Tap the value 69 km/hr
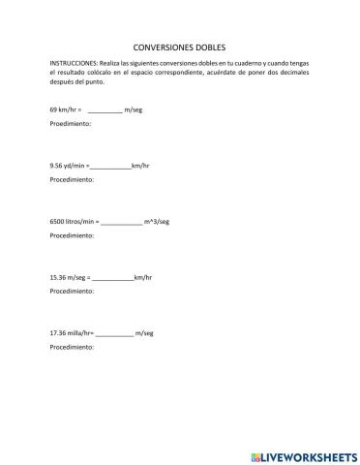coord(64,110)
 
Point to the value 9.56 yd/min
coord(67,166)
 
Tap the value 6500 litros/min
coord(73,221)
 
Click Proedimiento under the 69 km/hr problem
coord(70,125)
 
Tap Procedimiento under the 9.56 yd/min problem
coord(72,180)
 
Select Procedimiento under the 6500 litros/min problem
coord(72,235)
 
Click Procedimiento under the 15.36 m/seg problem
coord(72,291)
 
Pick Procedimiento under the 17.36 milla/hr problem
coord(72,346)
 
